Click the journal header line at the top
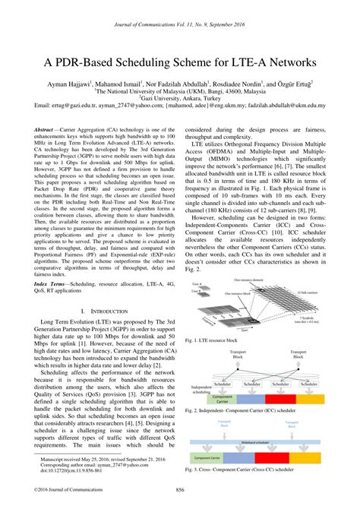pyautogui.click(x=179, y=8)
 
